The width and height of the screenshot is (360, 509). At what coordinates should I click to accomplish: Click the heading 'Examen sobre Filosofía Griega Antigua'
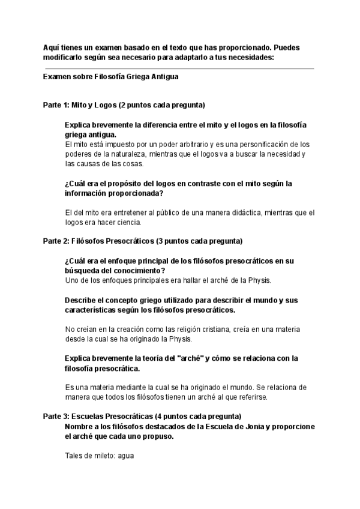[x=111, y=77]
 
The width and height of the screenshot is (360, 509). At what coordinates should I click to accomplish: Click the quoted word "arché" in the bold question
[x=188, y=358]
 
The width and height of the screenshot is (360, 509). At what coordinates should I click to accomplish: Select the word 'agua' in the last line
[x=125, y=456]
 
